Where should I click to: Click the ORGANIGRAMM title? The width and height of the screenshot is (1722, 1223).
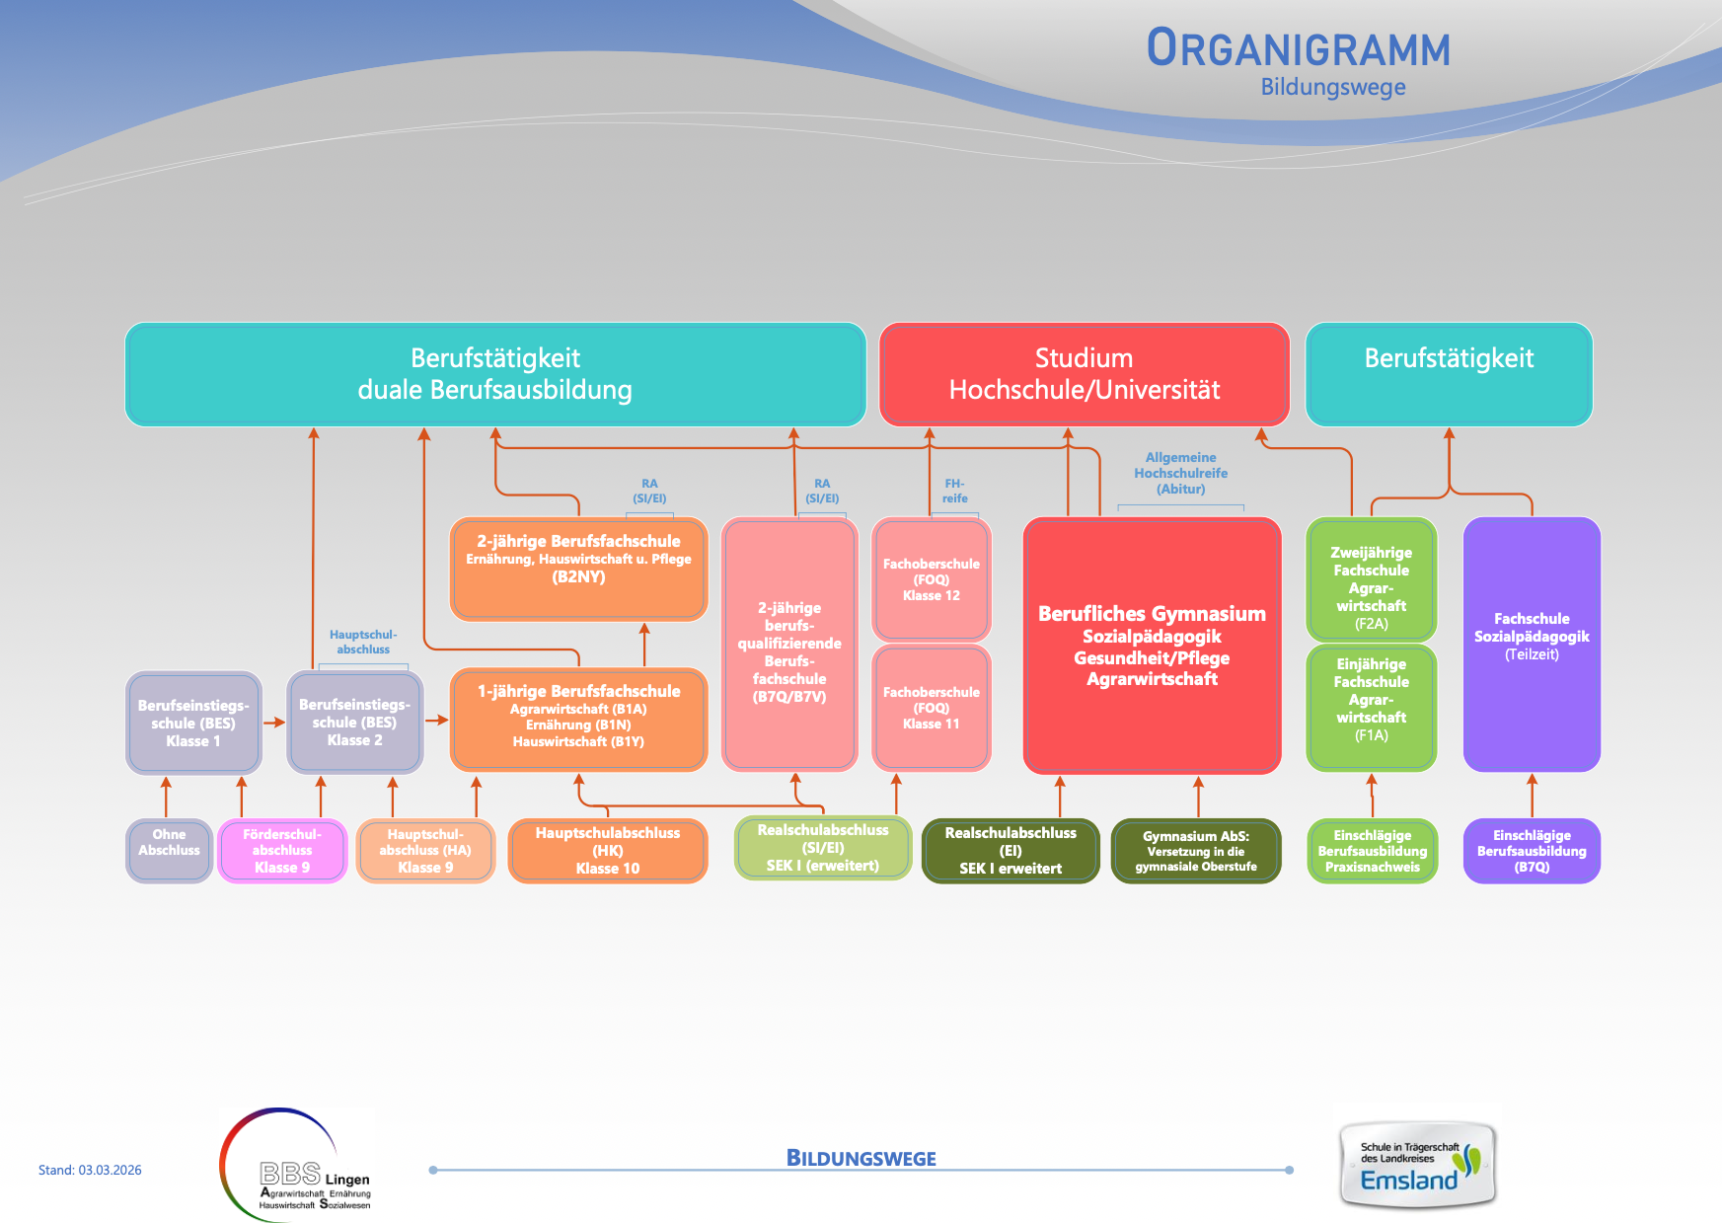pos(1298,49)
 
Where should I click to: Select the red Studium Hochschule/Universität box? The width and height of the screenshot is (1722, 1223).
pos(1084,374)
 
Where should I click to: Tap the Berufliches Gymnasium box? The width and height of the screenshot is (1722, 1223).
pos(1152,646)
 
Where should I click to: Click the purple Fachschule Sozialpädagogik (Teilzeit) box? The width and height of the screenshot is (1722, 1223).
pos(1532,644)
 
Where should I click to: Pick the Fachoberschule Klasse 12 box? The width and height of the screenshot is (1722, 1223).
pos(931,579)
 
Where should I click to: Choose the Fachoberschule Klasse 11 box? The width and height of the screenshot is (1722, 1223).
pos(931,708)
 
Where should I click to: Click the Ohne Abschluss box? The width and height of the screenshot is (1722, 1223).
pos(169,850)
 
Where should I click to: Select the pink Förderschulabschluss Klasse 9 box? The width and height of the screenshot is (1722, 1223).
pos(282,850)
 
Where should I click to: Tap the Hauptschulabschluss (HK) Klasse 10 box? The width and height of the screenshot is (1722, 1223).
pos(608,850)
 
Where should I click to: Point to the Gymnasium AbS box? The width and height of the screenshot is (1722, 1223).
pos(1196,850)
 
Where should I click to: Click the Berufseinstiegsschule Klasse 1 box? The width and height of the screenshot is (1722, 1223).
pos(193,723)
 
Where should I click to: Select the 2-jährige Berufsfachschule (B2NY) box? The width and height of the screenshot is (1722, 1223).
pos(578,569)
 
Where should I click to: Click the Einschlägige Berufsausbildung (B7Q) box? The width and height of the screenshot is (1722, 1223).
pos(1532,850)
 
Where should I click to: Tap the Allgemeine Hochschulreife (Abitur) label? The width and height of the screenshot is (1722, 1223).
pos(1180,474)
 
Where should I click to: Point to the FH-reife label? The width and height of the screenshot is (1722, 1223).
pos(954,491)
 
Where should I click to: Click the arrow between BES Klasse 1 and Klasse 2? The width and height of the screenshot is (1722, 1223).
pos(273,723)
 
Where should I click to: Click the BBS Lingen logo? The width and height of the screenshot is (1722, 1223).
pos(296,1166)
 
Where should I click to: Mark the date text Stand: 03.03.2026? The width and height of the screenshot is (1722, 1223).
pos(90,1171)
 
